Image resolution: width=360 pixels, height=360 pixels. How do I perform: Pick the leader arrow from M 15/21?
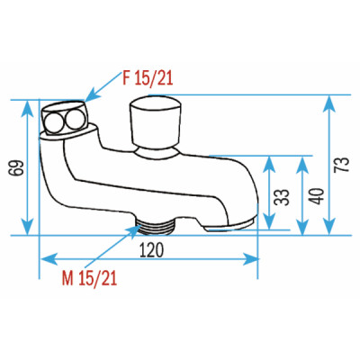click(x=132, y=230)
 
